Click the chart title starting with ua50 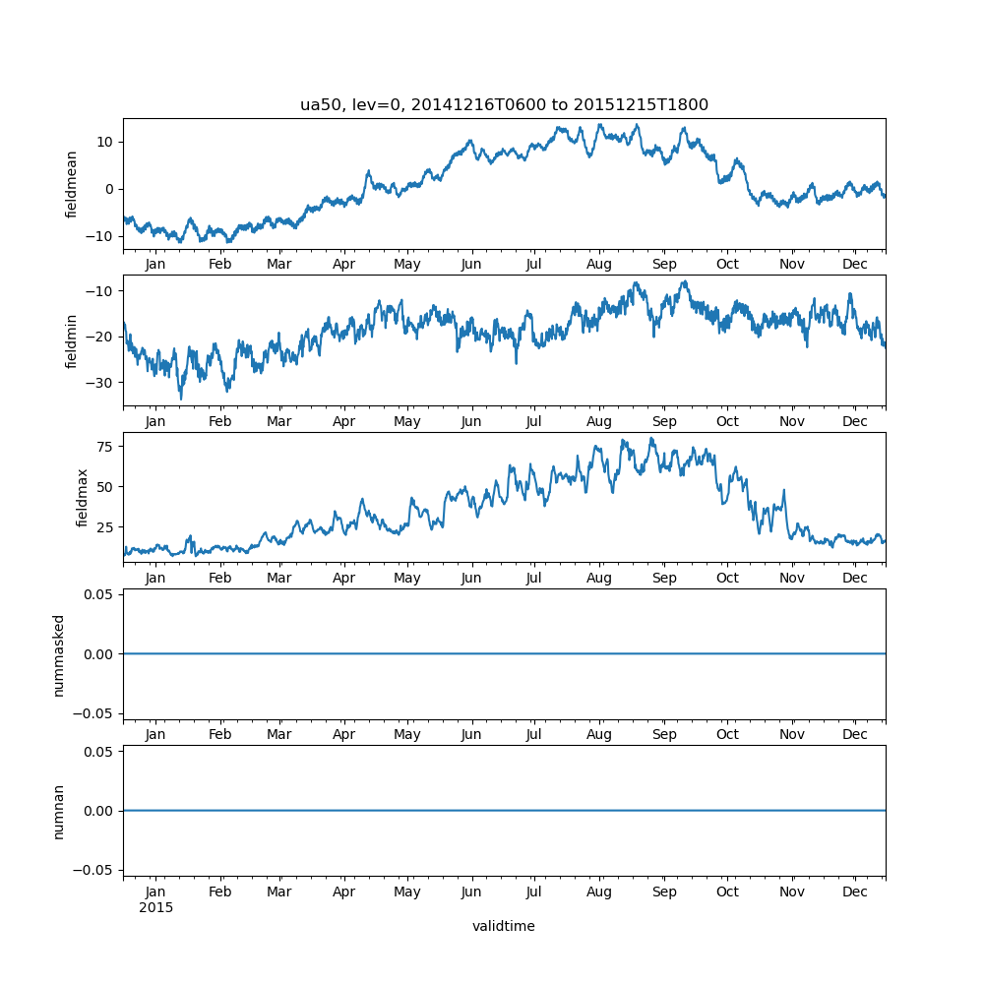tap(504, 105)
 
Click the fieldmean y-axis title tap(72, 184)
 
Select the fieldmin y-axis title tap(72, 340)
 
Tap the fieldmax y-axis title tap(83, 498)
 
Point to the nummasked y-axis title tap(59, 654)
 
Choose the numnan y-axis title tap(59, 811)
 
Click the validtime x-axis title tap(504, 926)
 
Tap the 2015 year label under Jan tap(155, 907)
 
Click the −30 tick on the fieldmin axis tap(101, 383)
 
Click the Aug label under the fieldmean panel tap(598, 265)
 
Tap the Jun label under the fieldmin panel tap(471, 421)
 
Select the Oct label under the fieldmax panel tap(727, 578)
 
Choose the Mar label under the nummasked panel tap(279, 734)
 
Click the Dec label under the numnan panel tap(855, 892)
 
